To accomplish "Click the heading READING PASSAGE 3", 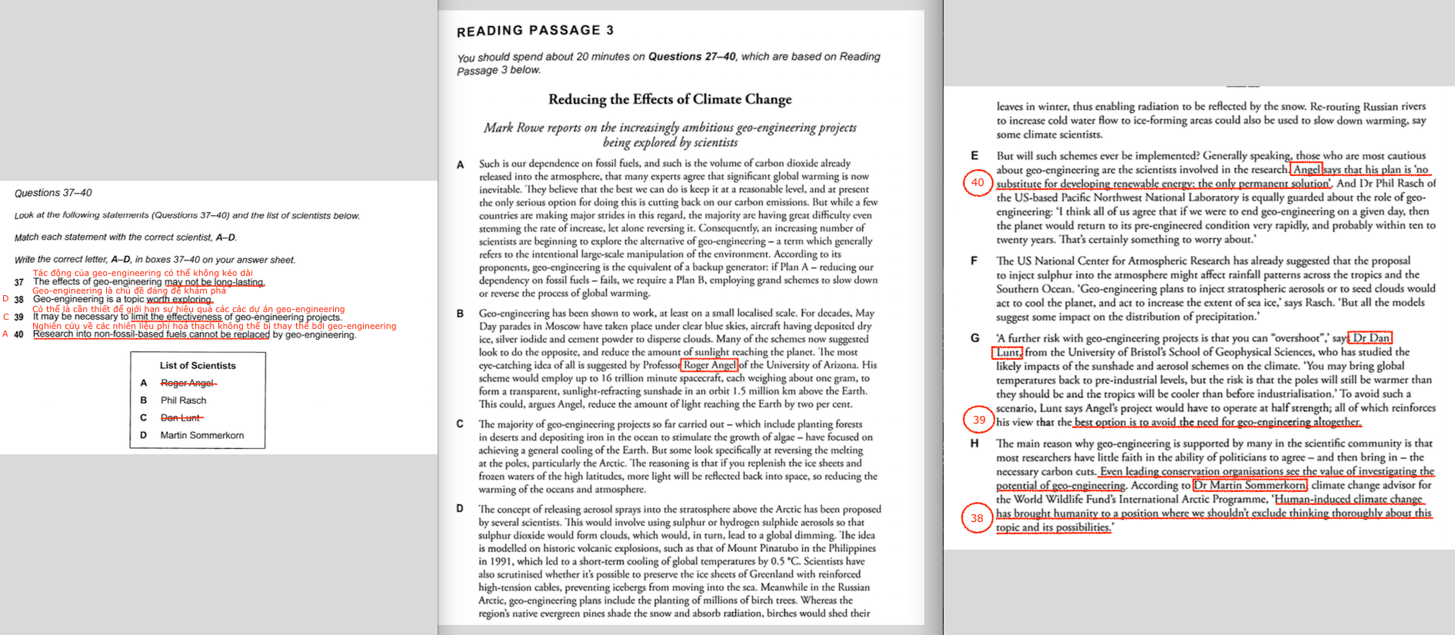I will click(534, 31).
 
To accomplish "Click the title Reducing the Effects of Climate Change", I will click(669, 99).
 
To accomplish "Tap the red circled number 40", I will click(977, 183).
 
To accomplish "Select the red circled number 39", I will click(978, 420).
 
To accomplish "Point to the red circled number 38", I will click(977, 518).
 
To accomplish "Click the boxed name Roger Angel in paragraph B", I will click(709, 365).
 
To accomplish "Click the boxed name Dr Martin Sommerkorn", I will click(1250, 485).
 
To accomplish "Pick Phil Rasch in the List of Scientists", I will click(183, 401).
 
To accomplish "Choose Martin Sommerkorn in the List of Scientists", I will click(201, 435).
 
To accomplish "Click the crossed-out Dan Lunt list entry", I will click(181, 417).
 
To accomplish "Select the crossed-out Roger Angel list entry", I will click(188, 383).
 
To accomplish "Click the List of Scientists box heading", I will click(198, 366).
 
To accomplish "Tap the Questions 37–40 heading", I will click(53, 193).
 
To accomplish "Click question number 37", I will click(19, 282).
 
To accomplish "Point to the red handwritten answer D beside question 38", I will click(6, 299).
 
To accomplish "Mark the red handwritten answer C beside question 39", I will click(6, 317).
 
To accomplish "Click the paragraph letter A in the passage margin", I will click(460, 165).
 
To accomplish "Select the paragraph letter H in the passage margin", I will click(974, 444).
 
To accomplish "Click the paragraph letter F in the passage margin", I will click(974, 261).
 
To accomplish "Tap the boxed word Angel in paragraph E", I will click(1307, 170).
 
